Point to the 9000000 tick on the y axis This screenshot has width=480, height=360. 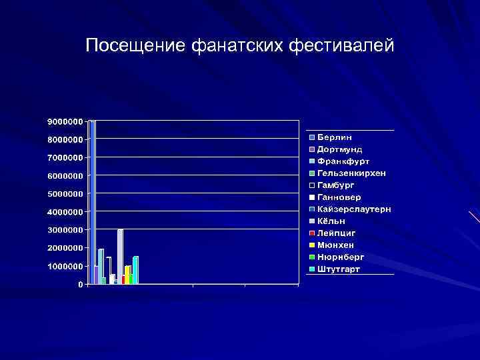click(65, 122)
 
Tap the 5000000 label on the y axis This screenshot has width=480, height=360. click(65, 194)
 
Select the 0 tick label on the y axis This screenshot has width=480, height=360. click(80, 285)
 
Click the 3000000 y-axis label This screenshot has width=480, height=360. click(65, 230)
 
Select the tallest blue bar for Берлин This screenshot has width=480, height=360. click(93, 200)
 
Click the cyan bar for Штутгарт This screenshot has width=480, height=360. click(135, 270)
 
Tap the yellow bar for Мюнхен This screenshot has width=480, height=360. click(127, 275)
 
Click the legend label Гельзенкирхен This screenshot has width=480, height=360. click(352, 173)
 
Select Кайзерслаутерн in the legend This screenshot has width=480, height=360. click(354, 209)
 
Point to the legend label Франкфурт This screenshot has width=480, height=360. click(343, 161)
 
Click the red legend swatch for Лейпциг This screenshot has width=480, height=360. click(311, 233)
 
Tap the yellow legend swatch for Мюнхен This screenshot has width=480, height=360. click(311, 245)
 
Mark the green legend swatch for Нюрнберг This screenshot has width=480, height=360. click(311, 257)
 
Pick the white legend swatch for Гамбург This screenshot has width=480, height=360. click(311, 185)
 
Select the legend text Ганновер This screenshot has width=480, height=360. click(339, 197)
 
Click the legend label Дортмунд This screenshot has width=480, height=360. click(340, 149)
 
